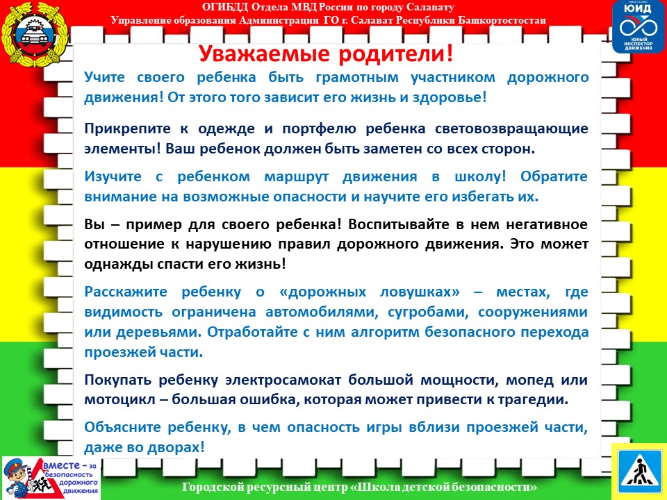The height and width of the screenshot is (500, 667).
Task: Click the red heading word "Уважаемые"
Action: pyautogui.click(x=264, y=54)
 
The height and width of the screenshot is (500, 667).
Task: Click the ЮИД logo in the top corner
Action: pyautogui.click(x=638, y=27)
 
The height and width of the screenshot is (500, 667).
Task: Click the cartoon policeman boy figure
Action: pyautogui.click(x=16, y=478)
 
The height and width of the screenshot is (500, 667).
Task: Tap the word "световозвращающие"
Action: pyautogui.click(x=511, y=129)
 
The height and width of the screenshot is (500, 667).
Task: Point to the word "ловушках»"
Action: pyautogui.click(x=420, y=292)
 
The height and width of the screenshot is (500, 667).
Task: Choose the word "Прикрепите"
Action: pyautogui.click(x=127, y=129)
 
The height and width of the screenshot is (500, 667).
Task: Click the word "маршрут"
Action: pyautogui.click(x=297, y=177)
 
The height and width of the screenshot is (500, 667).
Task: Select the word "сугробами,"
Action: pyautogui.click(x=428, y=312)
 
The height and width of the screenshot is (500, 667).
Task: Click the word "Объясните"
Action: pyautogui.click(x=122, y=427)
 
